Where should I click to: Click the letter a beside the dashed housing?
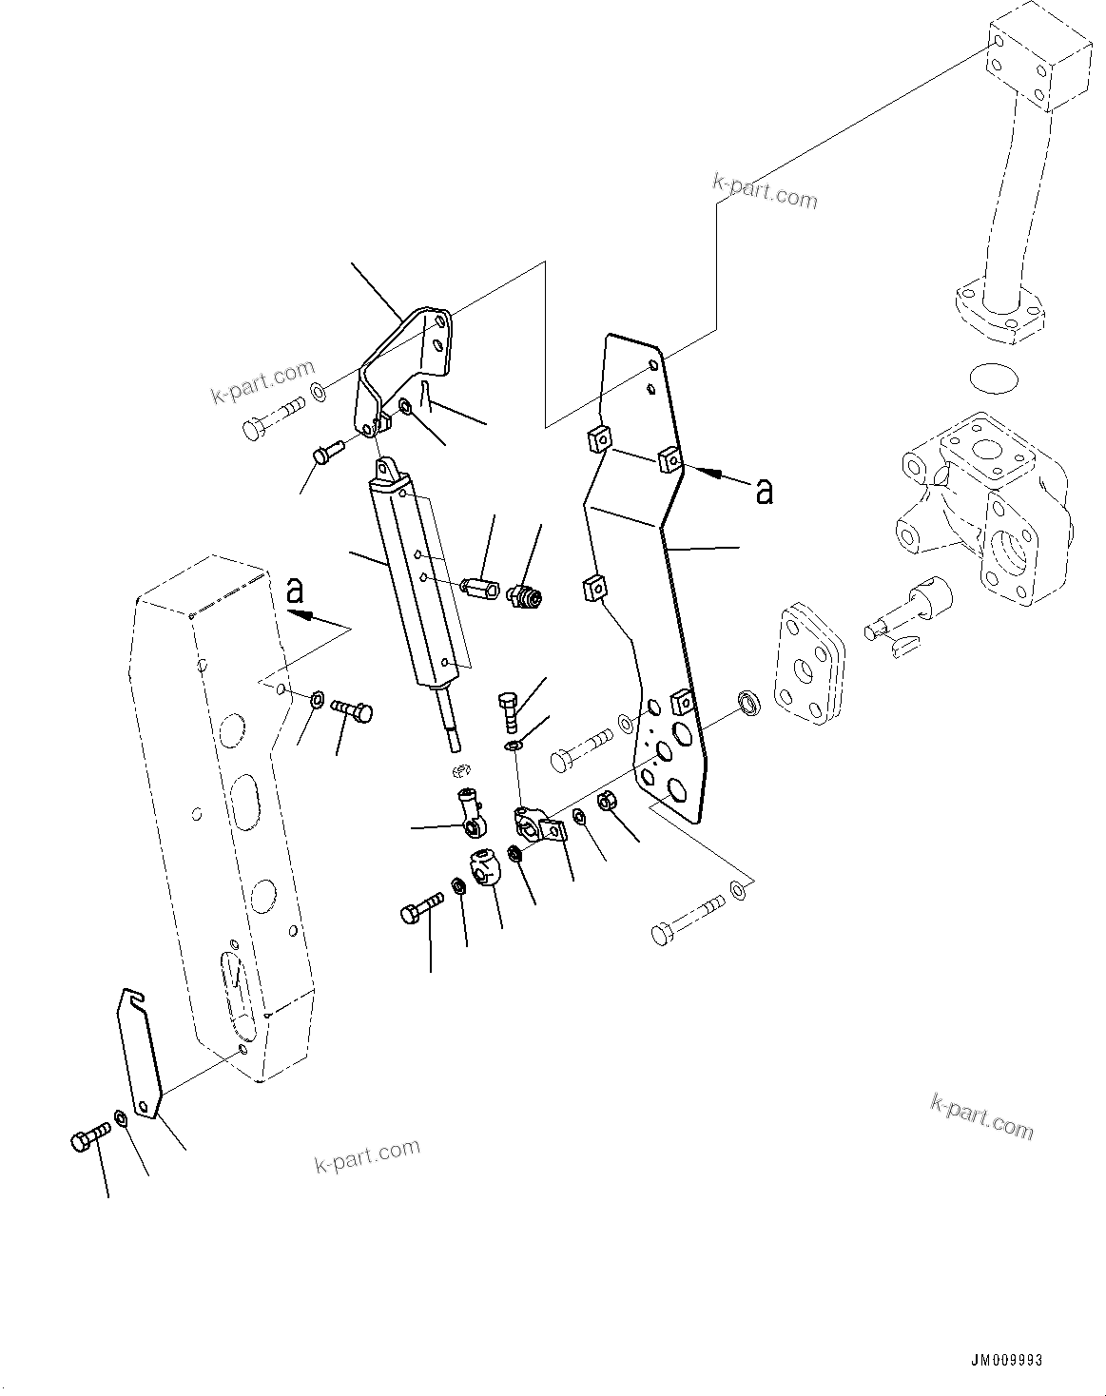click(296, 591)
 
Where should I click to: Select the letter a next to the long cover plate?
click(764, 491)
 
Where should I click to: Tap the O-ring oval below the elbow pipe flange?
click(993, 378)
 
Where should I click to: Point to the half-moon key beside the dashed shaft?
click(904, 647)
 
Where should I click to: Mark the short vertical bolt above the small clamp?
click(509, 708)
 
